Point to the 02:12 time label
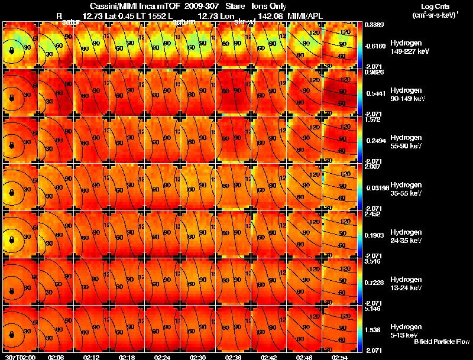[91, 357]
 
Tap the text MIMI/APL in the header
[304, 15]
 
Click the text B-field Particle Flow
[442, 342]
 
